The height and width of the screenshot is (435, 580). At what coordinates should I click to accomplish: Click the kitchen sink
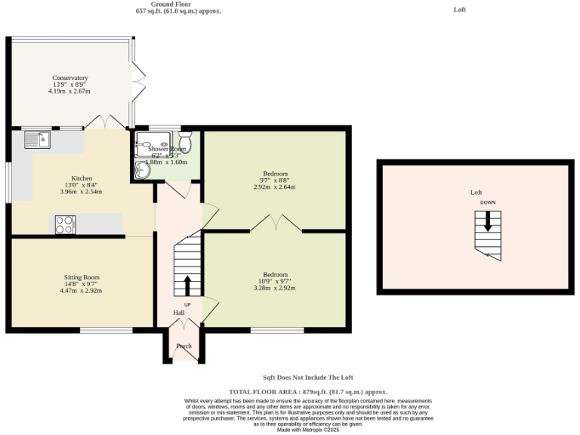[36, 138]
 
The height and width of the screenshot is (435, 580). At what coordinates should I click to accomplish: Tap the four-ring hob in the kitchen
[65, 224]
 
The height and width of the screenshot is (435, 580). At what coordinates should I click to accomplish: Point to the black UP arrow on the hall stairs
[187, 285]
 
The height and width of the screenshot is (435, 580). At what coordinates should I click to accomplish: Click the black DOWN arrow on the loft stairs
[488, 221]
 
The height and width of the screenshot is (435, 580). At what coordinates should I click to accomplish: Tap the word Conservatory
[70, 78]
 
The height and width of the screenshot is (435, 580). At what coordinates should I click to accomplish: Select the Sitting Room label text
[82, 277]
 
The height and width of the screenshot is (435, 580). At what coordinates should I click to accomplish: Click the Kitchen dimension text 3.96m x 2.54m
[82, 191]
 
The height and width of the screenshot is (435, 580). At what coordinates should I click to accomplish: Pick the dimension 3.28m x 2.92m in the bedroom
[275, 288]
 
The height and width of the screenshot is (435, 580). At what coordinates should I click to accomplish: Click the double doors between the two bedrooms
[276, 223]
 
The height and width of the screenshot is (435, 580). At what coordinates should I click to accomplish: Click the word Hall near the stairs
[178, 312]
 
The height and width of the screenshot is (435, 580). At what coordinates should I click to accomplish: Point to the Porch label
[184, 347]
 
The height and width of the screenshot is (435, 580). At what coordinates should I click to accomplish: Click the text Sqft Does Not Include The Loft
[307, 378]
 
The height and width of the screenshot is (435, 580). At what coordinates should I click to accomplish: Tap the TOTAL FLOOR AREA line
[307, 392]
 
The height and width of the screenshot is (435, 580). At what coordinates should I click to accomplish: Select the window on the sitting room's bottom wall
[106, 330]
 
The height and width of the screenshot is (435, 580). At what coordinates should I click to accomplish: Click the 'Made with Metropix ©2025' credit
[307, 430]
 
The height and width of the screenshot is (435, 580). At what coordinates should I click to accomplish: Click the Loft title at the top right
[460, 10]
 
